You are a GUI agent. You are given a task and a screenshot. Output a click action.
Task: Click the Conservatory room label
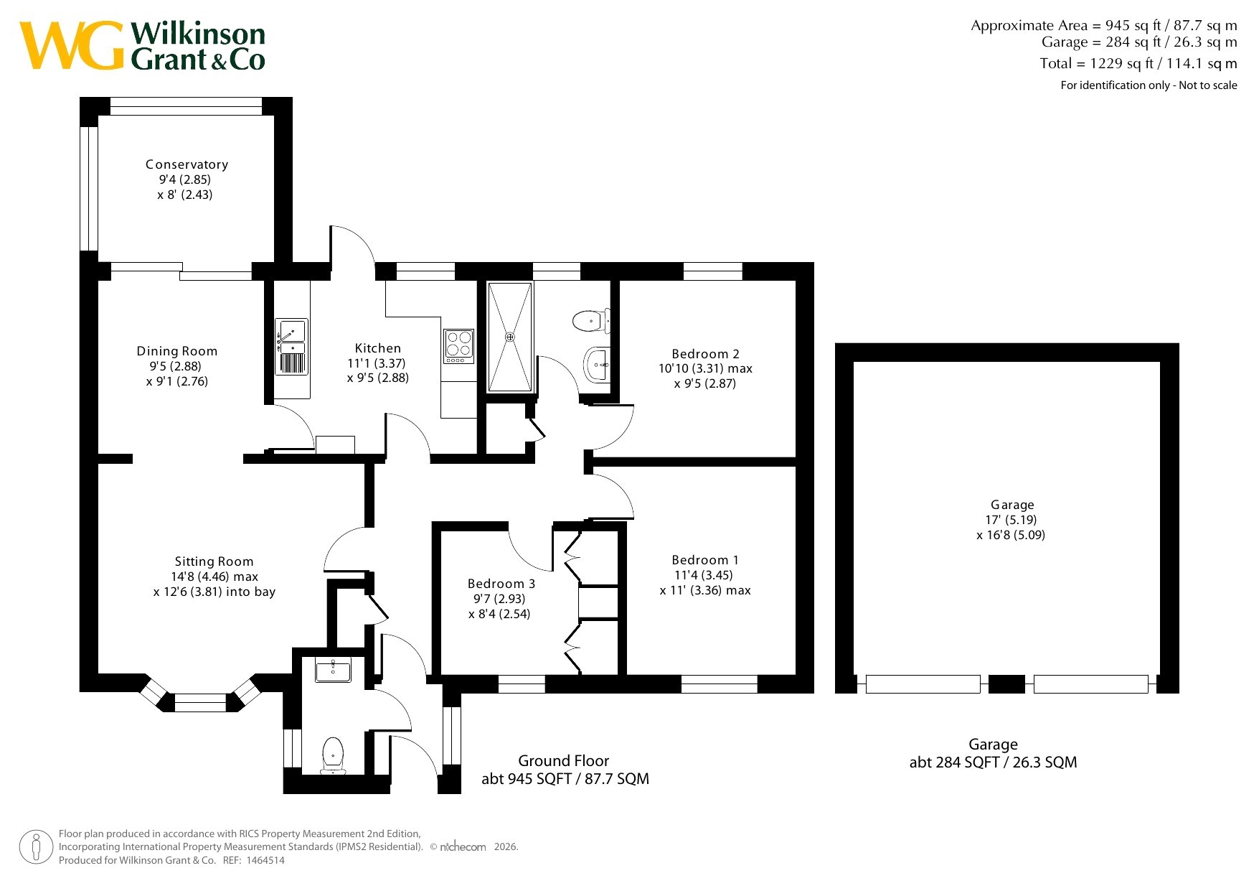pos(187,164)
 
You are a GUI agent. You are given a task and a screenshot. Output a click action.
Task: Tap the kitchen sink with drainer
pos(291,347)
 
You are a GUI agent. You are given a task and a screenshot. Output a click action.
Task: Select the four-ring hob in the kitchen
pos(459,345)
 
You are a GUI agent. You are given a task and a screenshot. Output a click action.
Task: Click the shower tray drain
pos(510,337)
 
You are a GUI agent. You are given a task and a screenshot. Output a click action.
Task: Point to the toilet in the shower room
pos(591,319)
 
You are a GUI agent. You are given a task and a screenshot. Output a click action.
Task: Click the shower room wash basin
pos(598,365)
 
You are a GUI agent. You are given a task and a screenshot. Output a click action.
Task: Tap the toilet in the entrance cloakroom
pos(333,755)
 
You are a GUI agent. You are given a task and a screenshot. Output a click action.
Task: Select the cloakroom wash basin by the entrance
pos(333,671)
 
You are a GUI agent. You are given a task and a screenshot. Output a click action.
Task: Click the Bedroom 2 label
pos(705,354)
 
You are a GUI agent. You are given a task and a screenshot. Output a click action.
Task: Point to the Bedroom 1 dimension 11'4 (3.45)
pos(703,575)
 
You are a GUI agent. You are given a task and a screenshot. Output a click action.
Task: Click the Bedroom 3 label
pos(501,584)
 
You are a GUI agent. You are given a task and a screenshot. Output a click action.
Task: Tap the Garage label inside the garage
pos(1012,505)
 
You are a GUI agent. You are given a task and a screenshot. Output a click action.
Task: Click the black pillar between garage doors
pos(1006,684)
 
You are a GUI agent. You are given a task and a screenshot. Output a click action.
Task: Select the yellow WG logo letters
pos(72,45)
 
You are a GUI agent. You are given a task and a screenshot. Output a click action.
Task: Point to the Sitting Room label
pos(214,562)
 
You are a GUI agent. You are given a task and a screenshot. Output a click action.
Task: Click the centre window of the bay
pos(200,702)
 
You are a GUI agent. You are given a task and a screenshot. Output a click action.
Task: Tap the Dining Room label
pos(177,351)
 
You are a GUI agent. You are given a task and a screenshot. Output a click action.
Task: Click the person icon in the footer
pos(37,847)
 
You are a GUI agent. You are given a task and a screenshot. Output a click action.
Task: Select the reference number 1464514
pos(265,860)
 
